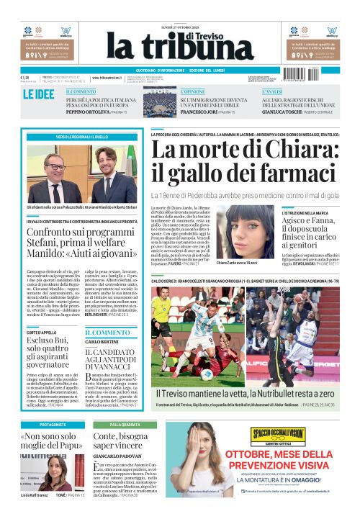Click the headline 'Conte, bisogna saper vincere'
pyautogui.click(x=120, y=441)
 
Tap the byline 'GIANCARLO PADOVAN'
pyautogui.click(x=116, y=456)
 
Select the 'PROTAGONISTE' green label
pyautogui.click(x=53, y=425)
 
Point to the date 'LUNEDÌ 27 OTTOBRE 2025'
pyautogui.click(x=179, y=28)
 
